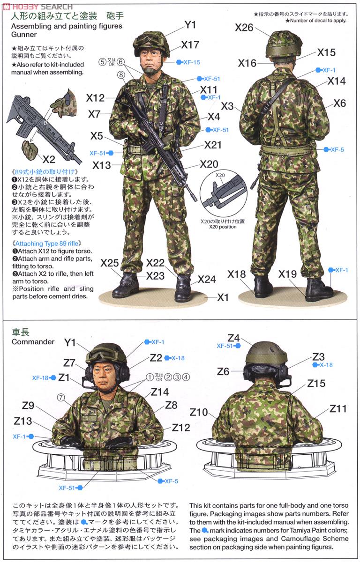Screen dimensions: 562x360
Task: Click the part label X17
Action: point(190,45)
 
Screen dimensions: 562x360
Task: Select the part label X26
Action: point(244,28)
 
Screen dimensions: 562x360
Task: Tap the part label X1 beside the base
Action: point(223,297)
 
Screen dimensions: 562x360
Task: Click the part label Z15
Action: point(316,383)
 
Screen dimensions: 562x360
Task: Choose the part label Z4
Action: point(233,338)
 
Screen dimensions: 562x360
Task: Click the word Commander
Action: point(33,341)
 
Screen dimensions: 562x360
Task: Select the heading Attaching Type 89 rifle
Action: point(48,244)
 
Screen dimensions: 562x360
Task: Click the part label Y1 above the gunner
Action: point(190,25)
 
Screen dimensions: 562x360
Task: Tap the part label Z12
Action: point(180,427)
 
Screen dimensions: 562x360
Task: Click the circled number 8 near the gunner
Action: point(121,74)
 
